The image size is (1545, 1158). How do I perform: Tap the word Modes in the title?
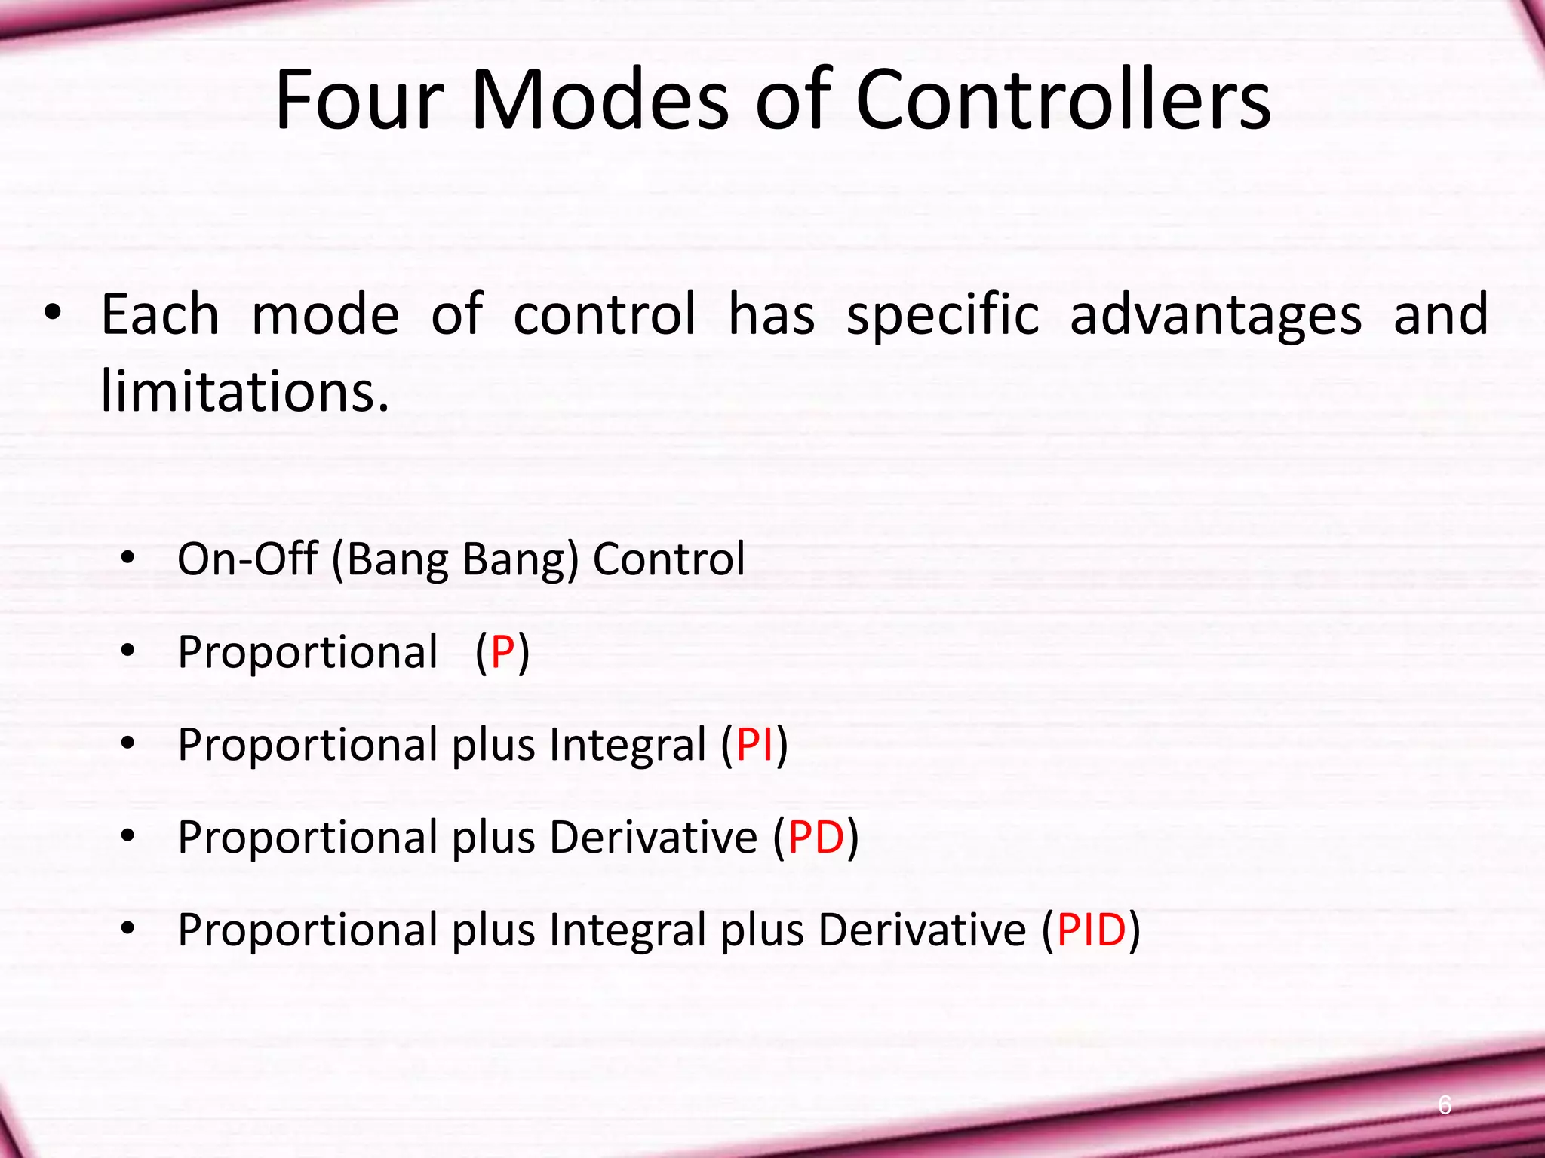click(x=600, y=102)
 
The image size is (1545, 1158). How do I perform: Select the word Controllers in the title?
click(x=1063, y=102)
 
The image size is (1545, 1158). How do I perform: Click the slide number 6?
click(x=1444, y=1104)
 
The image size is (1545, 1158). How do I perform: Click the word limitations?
click(x=244, y=392)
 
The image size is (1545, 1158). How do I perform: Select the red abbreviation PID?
click(x=1091, y=930)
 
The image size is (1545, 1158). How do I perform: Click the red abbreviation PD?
click(x=816, y=838)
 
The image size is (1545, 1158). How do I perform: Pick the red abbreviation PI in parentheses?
click(x=755, y=745)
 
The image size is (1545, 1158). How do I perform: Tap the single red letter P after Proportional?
click(x=502, y=652)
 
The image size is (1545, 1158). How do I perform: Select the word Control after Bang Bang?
click(x=668, y=559)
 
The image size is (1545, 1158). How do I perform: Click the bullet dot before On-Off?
click(x=127, y=559)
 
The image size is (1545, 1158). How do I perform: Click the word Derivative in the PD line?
click(x=653, y=838)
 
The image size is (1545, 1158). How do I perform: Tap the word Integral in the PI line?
click(x=628, y=745)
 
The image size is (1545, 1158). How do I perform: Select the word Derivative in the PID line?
click(x=922, y=930)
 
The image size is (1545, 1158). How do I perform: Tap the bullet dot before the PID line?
click(x=127, y=929)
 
